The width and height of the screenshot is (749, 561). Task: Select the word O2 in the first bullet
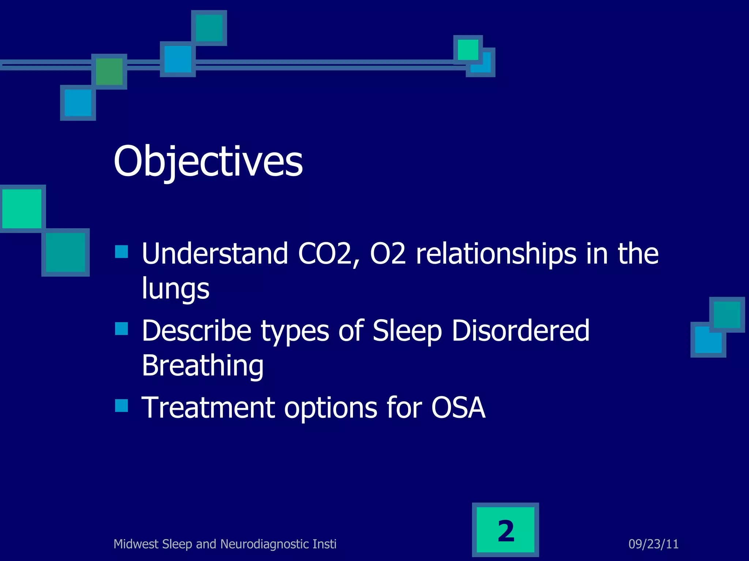coord(388,254)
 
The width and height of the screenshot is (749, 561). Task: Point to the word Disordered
coord(520,331)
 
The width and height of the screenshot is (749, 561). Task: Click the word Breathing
coord(202,366)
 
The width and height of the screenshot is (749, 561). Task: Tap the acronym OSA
coord(458,408)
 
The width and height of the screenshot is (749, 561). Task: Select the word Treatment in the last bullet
coord(208,408)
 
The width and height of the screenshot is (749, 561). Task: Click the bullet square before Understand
coord(121,252)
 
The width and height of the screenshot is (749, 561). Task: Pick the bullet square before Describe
coord(121,329)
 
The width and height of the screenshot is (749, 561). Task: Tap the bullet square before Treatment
coord(121,405)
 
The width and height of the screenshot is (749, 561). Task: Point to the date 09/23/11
coord(653,544)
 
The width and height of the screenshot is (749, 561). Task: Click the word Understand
coord(215,254)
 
